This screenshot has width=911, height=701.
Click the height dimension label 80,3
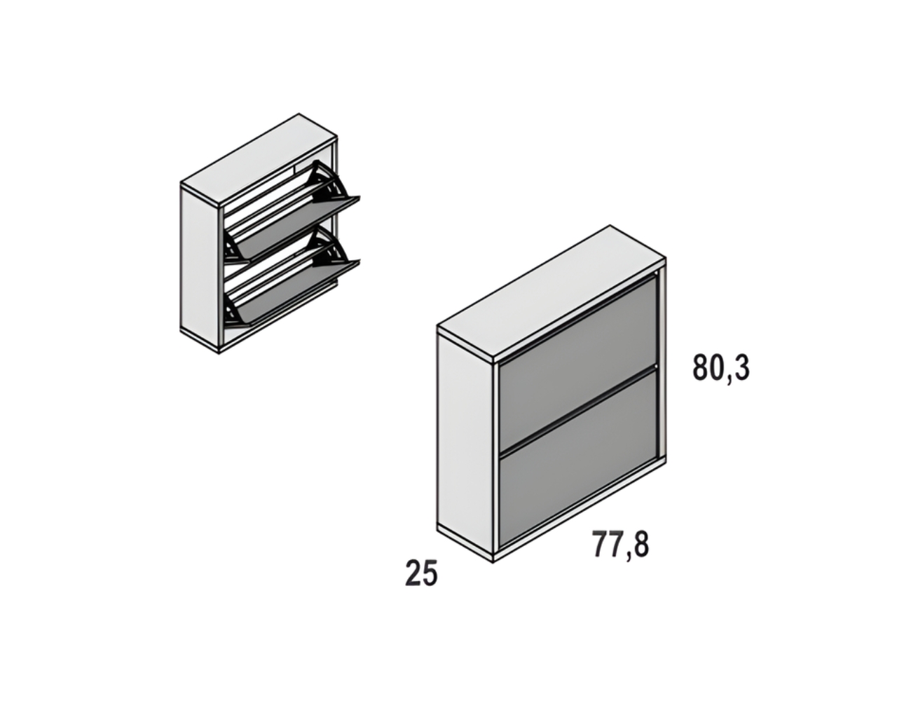pos(720,367)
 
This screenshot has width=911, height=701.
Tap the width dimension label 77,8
pos(620,545)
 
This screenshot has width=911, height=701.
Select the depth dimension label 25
pos(421,573)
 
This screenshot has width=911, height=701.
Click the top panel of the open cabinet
pos(259,161)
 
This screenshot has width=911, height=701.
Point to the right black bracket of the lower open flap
pos(329,250)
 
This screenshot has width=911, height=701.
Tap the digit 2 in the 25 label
pos(413,573)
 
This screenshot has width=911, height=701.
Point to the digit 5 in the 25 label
pos(430,573)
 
